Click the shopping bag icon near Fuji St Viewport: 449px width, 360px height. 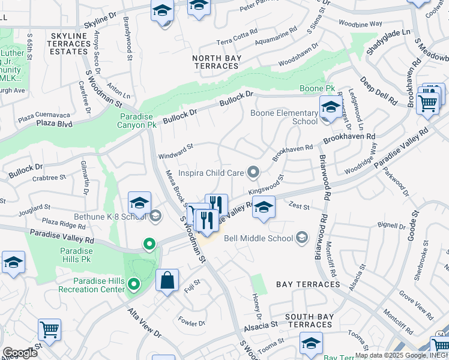[167, 280]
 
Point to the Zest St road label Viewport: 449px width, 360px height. [299, 207]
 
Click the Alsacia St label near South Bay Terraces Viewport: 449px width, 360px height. [261, 328]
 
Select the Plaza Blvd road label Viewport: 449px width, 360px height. [53, 124]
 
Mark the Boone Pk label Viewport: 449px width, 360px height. [313, 89]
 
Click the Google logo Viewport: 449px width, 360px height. [20, 353]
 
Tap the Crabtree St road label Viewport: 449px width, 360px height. [49, 178]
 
